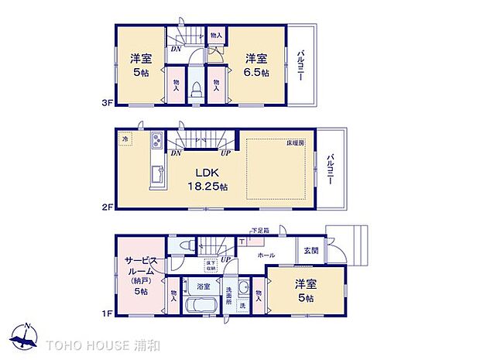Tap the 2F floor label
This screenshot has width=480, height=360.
tap(108, 207)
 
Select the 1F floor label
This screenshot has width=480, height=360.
tap(108, 314)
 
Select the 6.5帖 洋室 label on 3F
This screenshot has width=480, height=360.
tap(258, 64)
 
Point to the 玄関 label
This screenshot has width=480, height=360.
tap(310, 249)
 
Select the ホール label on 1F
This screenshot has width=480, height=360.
tap(266, 255)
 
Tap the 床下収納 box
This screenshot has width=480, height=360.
tap(210, 266)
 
